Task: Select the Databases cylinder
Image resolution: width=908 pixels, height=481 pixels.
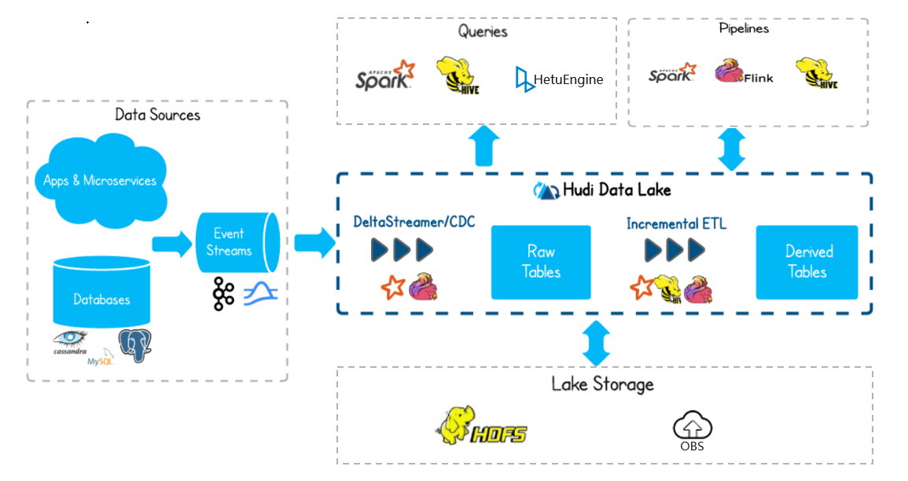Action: point(101,294)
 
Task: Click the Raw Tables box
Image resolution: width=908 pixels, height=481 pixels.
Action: point(541,262)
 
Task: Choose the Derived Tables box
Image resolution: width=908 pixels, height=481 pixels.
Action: point(807,262)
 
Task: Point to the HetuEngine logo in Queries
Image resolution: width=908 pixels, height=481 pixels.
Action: point(559,79)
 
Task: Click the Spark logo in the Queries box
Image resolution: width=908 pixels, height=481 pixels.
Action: point(384,75)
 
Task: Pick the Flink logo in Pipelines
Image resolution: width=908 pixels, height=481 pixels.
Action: point(744,72)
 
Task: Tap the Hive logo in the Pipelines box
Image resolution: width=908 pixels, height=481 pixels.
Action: point(816,73)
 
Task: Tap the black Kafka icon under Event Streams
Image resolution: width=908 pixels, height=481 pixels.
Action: point(223,293)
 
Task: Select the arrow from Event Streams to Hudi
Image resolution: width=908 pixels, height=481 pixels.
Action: point(314,243)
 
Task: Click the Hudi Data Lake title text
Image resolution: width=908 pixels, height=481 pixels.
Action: point(604,189)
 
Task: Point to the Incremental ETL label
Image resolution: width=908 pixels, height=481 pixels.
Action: point(676,224)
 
